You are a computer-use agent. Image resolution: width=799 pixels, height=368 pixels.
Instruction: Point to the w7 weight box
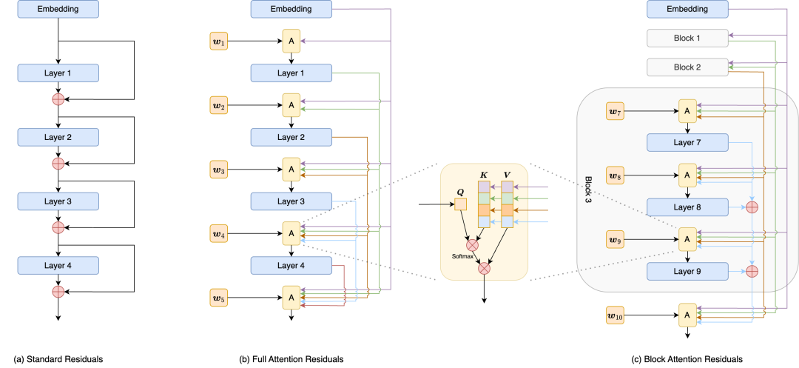click(x=616, y=112)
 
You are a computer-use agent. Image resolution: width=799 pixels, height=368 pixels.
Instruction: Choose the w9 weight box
click(x=616, y=240)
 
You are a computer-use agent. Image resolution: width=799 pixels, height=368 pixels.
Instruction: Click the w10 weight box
click(x=616, y=315)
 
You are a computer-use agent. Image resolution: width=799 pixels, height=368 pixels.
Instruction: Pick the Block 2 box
click(x=687, y=67)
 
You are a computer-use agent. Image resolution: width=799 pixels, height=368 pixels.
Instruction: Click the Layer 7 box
click(x=687, y=143)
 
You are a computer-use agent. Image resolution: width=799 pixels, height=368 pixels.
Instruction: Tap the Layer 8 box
click(x=687, y=207)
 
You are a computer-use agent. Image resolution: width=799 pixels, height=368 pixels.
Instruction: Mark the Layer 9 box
click(x=687, y=271)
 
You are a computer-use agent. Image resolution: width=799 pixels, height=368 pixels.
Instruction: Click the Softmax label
click(x=463, y=256)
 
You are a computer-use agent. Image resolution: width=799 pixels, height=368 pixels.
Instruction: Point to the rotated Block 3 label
click(x=589, y=190)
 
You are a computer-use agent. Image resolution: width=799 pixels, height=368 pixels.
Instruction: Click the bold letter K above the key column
click(x=484, y=175)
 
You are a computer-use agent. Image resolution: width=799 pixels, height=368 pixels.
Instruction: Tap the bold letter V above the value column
click(x=507, y=175)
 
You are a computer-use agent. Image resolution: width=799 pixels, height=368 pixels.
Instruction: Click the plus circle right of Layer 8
click(x=752, y=207)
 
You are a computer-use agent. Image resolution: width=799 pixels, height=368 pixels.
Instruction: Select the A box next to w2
click(x=291, y=106)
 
